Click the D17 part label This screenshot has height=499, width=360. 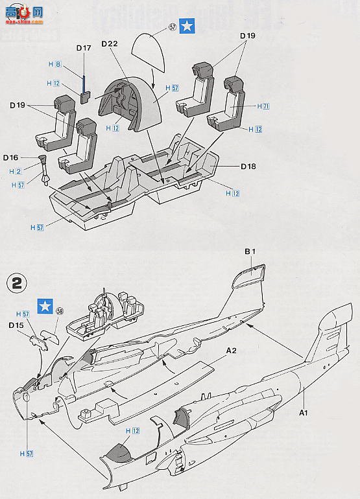click(84, 48)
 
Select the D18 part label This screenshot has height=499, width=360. click(248, 167)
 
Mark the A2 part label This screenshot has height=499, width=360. click(231, 351)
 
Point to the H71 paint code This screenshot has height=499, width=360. click(263, 105)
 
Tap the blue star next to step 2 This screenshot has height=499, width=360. click(45, 305)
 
